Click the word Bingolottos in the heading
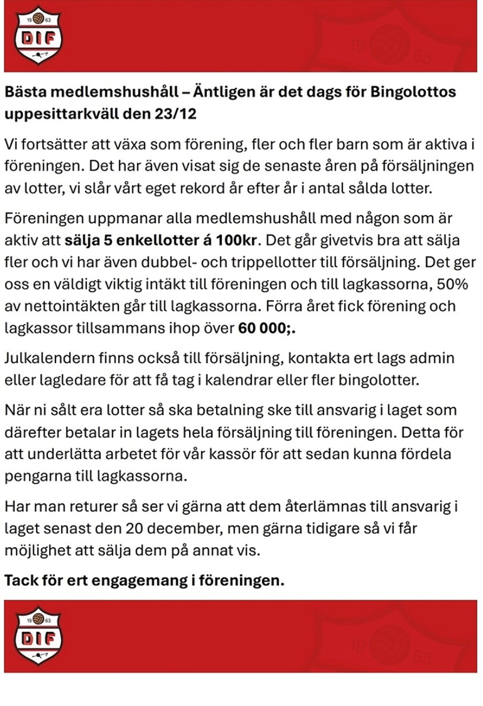click(x=413, y=92)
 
